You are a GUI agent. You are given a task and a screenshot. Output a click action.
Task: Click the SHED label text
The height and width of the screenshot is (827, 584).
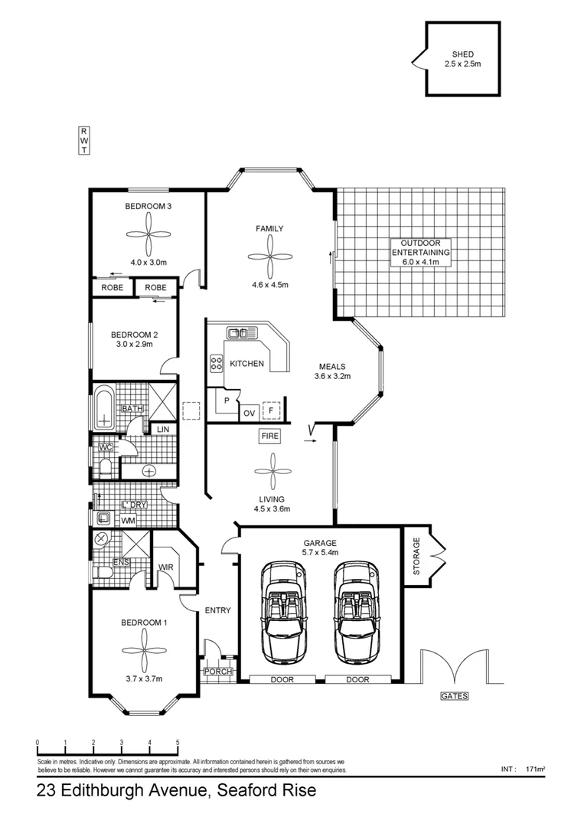463,54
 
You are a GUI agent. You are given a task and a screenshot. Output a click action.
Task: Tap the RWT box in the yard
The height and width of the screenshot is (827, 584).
83,141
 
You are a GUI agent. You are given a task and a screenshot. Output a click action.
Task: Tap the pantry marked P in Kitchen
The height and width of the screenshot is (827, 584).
227,400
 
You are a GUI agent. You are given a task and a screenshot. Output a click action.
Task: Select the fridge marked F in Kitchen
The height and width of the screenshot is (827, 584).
270,410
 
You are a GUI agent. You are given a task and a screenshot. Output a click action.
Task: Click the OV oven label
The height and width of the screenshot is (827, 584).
249,413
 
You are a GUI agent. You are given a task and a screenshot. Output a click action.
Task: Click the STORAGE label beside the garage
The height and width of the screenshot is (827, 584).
417,556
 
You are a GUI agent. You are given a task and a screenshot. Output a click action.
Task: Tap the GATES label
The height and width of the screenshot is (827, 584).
454,696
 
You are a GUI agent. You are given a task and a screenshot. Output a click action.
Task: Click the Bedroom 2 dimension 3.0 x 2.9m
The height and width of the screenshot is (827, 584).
135,345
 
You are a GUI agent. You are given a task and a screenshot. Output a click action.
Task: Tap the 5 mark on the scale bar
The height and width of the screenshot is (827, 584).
178,743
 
